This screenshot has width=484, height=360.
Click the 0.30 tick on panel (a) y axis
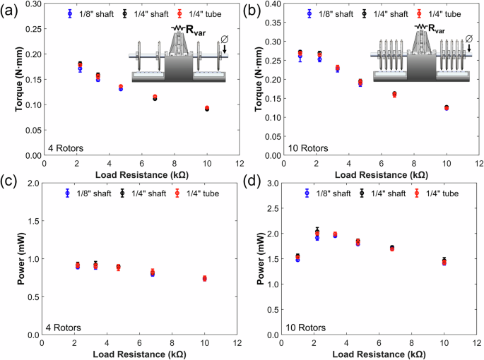click(33, 4)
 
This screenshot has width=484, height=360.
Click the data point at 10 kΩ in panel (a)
click(206, 108)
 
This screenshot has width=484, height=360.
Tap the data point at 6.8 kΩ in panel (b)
click(394, 94)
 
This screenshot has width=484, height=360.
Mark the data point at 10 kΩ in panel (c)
click(205, 278)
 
